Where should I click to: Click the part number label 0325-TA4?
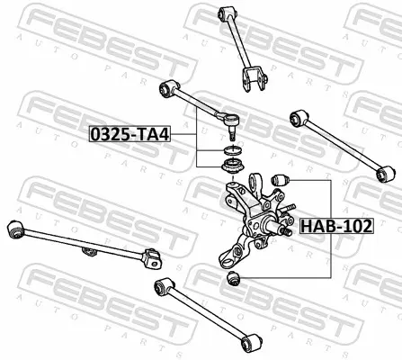[x=130, y=134]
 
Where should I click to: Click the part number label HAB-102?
[x=336, y=226]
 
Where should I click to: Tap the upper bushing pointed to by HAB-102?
[x=280, y=179]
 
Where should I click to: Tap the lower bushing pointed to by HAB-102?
[x=234, y=278]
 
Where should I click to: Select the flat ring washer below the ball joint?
[x=232, y=149]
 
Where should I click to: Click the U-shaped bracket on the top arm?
[x=254, y=79]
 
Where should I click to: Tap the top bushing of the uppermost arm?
[x=228, y=13]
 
